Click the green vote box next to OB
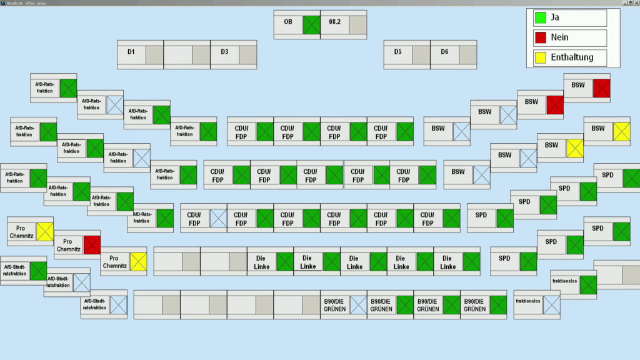[x=311, y=24]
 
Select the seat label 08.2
[x=334, y=22]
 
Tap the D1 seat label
[x=131, y=52]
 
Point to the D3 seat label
[x=224, y=52]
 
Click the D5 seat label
[x=398, y=52]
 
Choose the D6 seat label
[x=444, y=52]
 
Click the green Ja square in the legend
[x=540, y=18]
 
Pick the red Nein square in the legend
[x=540, y=38]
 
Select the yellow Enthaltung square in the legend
[x=540, y=58]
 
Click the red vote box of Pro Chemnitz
[x=92, y=244]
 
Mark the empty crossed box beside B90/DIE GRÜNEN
[x=358, y=304]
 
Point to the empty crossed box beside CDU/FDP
[x=218, y=218]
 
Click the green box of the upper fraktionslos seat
[x=588, y=284]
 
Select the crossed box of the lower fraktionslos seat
[x=551, y=304]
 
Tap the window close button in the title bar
[x=635, y=3]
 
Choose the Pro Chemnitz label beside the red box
[x=68, y=245]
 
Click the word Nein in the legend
[x=559, y=38]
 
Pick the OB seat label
[x=288, y=22]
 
